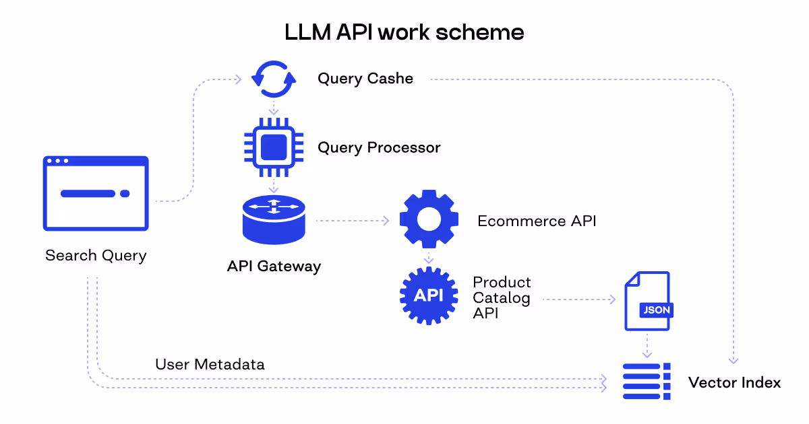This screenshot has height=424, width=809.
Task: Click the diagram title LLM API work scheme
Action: [x=404, y=32]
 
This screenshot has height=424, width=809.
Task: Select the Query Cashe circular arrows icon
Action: [x=273, y=79]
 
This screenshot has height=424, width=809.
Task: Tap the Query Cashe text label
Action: [x=365, y=79]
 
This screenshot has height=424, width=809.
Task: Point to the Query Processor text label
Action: [x=379, y=147]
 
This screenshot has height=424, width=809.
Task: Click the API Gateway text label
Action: [x=274, y=266]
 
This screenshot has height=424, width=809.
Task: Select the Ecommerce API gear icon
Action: [x=429, y=219]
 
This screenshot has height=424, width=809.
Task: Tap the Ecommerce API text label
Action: [x=537, y=221]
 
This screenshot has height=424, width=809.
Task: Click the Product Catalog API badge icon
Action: [x=429, y=295]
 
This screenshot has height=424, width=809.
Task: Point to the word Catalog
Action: [x=501, y=297]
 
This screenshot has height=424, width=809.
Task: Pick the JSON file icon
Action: [x=647, y=301]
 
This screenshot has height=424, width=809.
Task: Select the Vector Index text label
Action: [x=734, y=383]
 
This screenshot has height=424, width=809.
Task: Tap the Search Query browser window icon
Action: [x=96, y=193]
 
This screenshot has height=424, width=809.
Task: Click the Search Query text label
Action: [x=96, y=256]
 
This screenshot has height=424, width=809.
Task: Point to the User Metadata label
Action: [x=210, y=365]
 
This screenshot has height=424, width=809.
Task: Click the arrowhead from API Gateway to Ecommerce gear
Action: [x=386, y=220]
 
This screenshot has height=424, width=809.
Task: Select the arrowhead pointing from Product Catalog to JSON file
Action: [x=613, y=299]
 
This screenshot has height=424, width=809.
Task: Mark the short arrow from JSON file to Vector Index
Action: [x=647, y=346]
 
